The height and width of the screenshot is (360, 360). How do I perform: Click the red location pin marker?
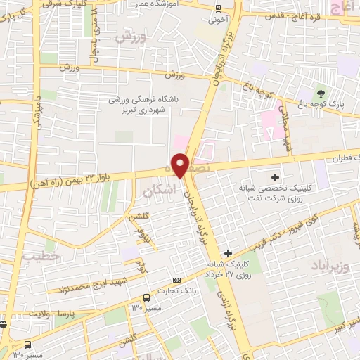click(x=181, y=165)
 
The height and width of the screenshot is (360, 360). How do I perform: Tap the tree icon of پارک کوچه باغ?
click(x=321, y=93)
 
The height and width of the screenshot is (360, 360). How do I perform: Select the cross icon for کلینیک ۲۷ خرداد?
click(x=228, y=252)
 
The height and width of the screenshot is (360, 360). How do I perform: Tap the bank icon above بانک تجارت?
click(x=176, y=279)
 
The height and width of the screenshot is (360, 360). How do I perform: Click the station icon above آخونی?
click(x=218, y=8)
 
